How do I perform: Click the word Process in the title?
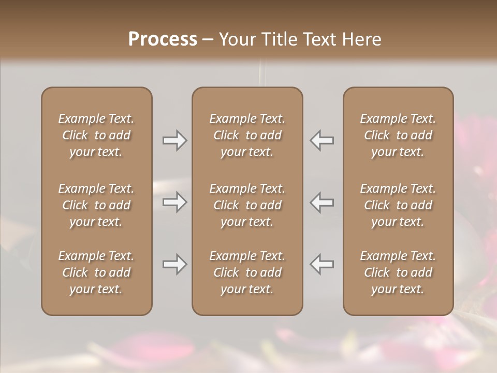(163, 39)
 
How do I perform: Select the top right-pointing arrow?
(175, 140)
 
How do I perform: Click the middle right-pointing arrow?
(175, 202)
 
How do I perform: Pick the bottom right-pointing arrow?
(175, 264)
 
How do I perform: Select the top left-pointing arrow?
(322, 140)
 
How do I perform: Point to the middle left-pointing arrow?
(322, 202)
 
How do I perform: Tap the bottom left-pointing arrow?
(322, 264)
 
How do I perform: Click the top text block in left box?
(96, 135)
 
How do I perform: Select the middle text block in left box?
(96, 205)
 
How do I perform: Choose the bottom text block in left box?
(96, 272)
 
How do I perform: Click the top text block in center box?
(247, 135)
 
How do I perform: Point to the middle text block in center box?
(247, 205)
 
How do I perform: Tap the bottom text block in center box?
(247, 272)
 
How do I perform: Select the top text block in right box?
(398, 135)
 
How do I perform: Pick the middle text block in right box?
(398, 205)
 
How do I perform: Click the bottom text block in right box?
(398, 272)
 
